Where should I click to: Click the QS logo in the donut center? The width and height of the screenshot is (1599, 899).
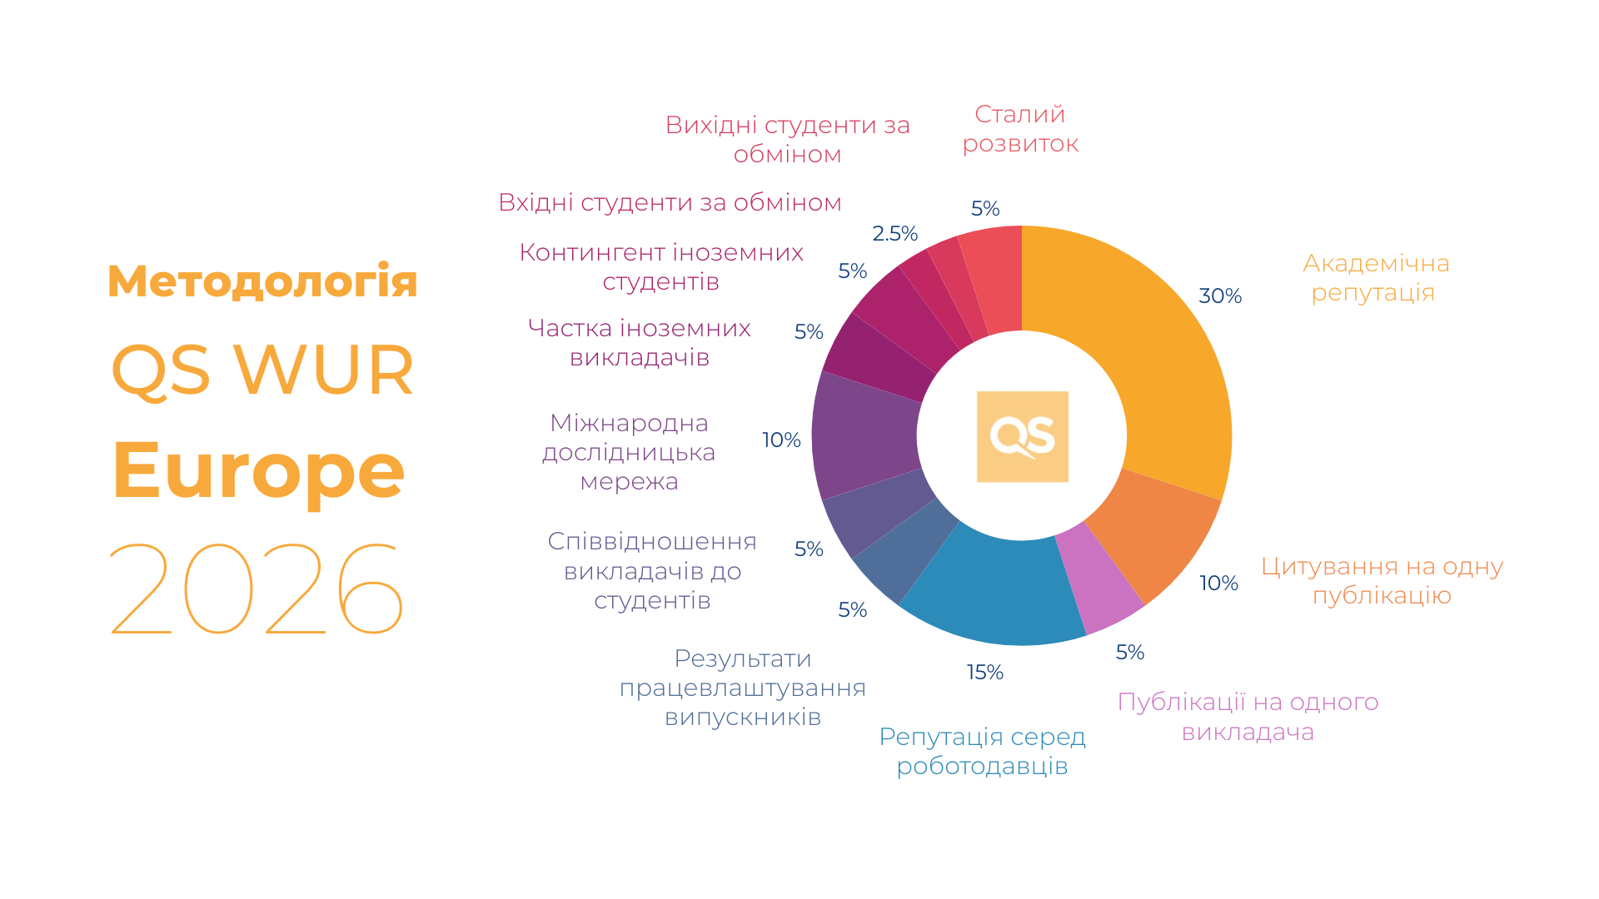pyautogui.click(x=1022, y=436)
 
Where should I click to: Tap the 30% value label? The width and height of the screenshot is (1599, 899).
pyautogui.click(x=1220, y=296)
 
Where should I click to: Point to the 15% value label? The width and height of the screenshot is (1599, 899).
pyautogui.click(x=984, y=672)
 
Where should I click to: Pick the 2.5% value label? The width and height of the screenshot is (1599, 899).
pyautogui.click(x=894, y=234)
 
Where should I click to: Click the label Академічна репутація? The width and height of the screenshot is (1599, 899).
pyautogui.click(x=1375, y=278)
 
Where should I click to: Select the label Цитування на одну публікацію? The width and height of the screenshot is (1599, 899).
pyautogui.click(x=1382, y=581)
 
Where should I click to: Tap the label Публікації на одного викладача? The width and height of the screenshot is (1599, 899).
pyautogui.click(x=1248, y=717)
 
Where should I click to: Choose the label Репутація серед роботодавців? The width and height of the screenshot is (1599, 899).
pyautogui.click(x=982, y=751)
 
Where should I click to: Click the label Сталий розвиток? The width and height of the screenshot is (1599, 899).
pyautogui.click(x=1020, y=129)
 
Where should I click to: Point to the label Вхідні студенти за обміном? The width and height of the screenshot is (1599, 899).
pyautogui.click(x=670, y=202)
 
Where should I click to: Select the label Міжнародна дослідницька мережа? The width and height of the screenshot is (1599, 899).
pyautogui.click(x=629, y=452)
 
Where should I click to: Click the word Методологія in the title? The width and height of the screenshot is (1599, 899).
pyautogui.click(x=262, y=281)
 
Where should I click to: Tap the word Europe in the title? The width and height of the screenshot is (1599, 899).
pyautogui.click(x=258, y=470)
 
